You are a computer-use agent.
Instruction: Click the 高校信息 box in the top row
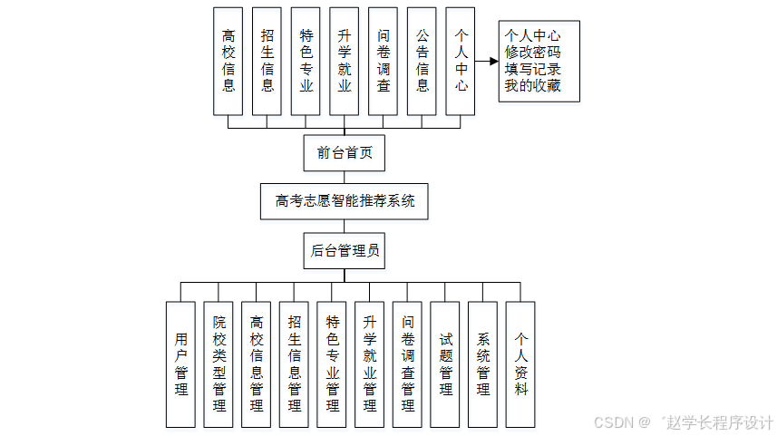(228, 61)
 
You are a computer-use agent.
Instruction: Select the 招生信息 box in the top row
(267, 61)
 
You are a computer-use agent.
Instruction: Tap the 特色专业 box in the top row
(306, 61)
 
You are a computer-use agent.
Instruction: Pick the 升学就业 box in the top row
(345, 61)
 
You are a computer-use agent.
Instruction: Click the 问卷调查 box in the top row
(384, 61)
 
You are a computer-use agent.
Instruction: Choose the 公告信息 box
(422, 61)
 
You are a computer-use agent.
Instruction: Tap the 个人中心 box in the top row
(461, 61)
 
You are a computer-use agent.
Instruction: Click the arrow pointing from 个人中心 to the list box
(487, 62)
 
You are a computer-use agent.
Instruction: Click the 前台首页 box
(345, 153)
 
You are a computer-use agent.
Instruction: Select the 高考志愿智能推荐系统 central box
(345, 201)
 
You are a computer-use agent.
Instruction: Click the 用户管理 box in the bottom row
(181, 364)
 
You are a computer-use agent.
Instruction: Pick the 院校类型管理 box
(219, 364)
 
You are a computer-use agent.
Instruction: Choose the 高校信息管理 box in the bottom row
(257, 364)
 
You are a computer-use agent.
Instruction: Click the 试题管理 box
(445, 364)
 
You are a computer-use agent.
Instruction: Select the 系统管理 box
(483, 364)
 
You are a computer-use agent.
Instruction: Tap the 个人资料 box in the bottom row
(520, 364)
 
